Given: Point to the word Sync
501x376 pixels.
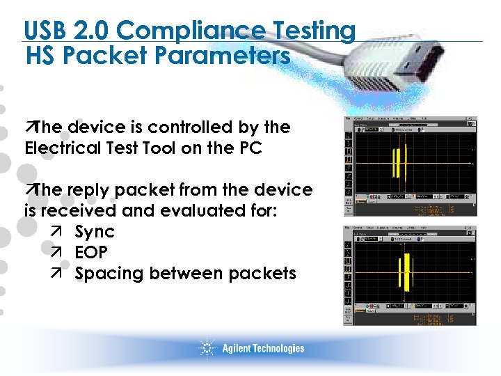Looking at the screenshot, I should click(94, 231).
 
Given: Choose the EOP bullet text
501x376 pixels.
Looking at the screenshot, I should click(91, 252).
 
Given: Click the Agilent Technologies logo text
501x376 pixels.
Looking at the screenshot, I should click(263, 349).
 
